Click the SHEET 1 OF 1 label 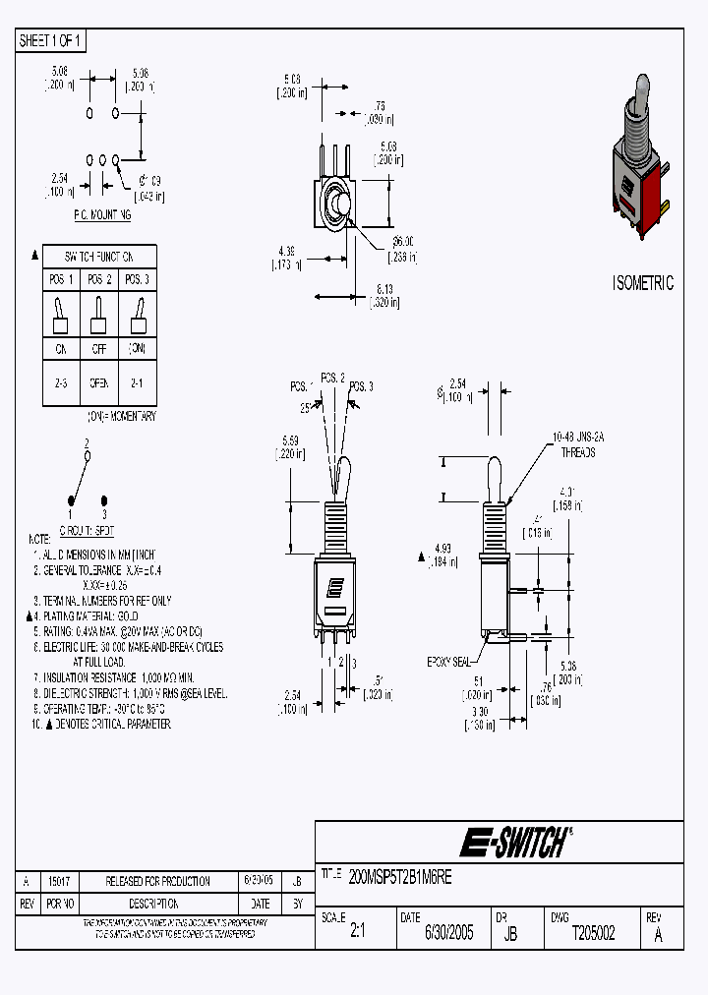(x=51, y=40)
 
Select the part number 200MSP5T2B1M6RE (x=400, y=874)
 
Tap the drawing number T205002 (x=593, y=934)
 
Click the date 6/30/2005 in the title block (x=448, y=934)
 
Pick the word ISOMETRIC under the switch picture (x=644, y=283)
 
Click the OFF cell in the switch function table (x=98, y=349)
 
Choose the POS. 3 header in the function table (x=137, y=279)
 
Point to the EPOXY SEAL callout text (x=448, y=661)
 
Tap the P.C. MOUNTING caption (x=102, y=214)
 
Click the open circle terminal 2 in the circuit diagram (x=88, y=456)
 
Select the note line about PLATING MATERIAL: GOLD (x=89, y=615)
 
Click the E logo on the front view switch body (x=335, y=587)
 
